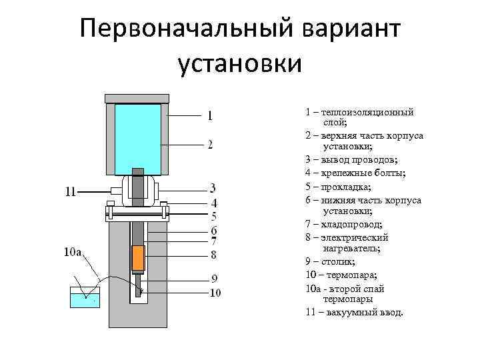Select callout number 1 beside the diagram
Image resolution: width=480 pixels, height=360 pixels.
click(211, 115)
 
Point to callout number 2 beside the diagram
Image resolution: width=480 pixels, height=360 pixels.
click(210, 145)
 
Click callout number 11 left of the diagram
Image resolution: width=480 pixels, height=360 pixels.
click(70, 193)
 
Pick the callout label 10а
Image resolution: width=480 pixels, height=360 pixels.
click(72, 252)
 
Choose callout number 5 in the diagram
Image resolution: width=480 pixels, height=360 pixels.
click(214, 216)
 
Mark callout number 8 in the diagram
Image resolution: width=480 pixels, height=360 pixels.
click(213, 254)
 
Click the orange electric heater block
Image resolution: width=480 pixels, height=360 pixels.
click(138, 257)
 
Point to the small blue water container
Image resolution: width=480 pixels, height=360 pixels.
click(85, 298)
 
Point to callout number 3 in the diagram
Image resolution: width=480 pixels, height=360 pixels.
click(213, 187)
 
